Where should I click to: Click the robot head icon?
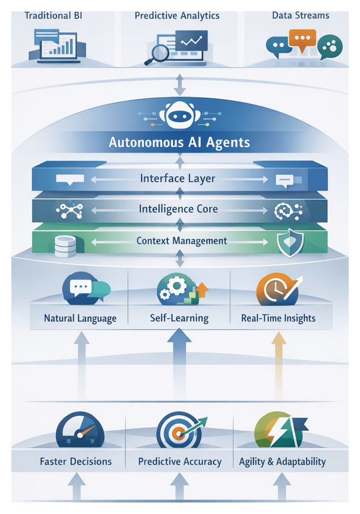click(179, 115)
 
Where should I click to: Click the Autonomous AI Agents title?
click(179, 141)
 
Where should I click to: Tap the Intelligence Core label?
click(178, 209)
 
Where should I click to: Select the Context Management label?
click(182, 241)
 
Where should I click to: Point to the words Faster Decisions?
click(76, 461)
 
